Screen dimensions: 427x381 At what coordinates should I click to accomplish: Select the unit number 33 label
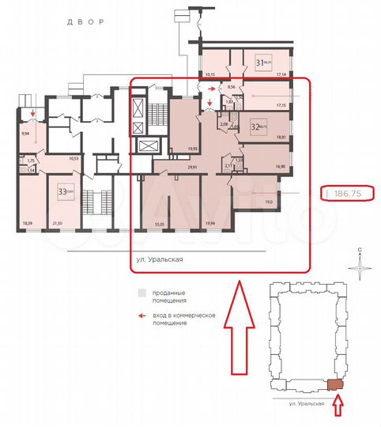pos(62,190)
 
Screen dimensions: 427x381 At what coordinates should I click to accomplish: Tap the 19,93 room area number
pos(192,148)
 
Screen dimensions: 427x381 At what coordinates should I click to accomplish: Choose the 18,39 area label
pos(28,224)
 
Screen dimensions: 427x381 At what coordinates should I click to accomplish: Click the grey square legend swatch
pos(141,292)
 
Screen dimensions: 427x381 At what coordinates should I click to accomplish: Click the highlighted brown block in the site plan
pos(336,384)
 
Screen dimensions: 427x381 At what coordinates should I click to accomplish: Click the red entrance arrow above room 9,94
pos(32,114)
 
